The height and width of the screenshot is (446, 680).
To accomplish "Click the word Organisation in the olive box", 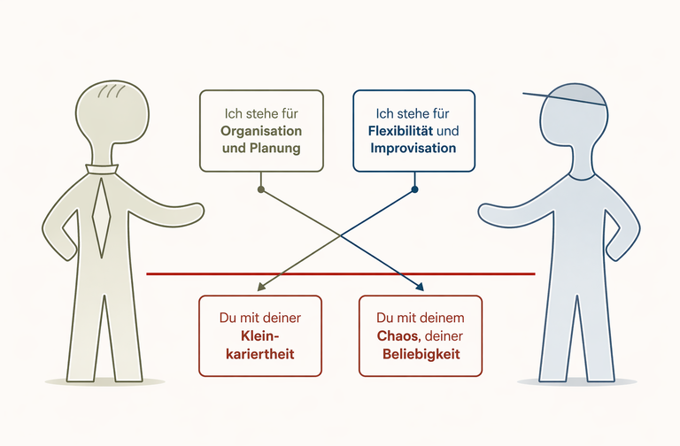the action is tap(261, 131).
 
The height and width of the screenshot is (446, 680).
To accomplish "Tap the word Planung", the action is tap(274, 149).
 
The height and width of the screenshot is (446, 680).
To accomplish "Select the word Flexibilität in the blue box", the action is tap(400, 131).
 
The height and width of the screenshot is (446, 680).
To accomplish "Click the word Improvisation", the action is tap(413, 149).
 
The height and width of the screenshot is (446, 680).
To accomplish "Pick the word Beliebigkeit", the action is tap(421, 354).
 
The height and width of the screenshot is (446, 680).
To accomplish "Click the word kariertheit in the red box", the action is tap(260, 354).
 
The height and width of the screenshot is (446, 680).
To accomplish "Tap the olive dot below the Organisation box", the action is tap(260, 189).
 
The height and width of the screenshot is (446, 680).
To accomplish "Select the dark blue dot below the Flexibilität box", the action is tap(414, 189).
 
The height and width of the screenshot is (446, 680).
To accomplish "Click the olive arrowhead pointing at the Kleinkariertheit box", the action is tap(261, 287).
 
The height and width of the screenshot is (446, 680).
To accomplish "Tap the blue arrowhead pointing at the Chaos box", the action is tap(420, 287).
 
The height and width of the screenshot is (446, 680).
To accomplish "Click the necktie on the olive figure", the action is tap(102, 217).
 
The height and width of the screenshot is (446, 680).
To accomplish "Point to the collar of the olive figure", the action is tap(102, 169).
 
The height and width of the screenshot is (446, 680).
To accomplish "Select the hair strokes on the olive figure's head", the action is tap(112, 91).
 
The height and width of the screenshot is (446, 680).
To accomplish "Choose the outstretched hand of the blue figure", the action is tap(489, 213).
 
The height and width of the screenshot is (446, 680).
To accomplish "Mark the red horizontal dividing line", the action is tap(340, 274).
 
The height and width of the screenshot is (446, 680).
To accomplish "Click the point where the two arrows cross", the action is tap(341, 235).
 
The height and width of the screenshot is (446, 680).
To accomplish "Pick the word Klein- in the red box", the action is tap(259, 336).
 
